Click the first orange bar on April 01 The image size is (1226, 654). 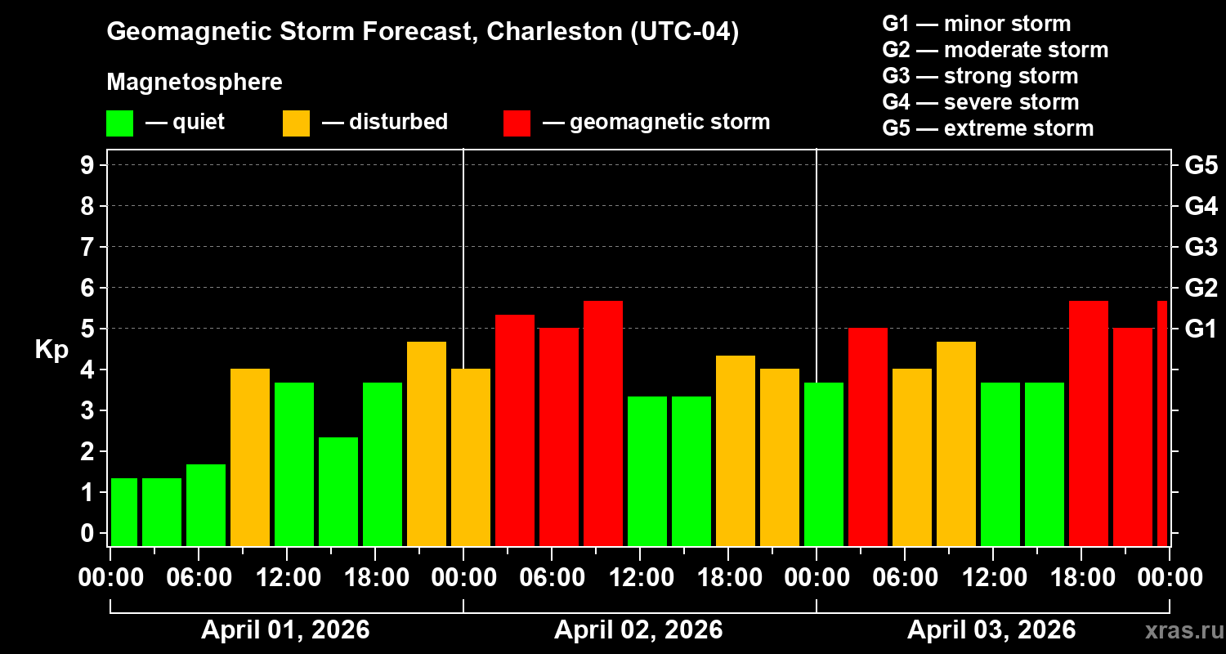coord(250,457)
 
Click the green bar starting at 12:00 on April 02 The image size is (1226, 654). coord(647,470)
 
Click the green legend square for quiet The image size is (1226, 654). coord(119,123)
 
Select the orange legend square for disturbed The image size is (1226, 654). coord(296,123)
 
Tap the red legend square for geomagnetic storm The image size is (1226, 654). coord(517,123)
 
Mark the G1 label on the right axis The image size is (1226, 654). coord(1201,329)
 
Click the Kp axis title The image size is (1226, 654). coord(51,350)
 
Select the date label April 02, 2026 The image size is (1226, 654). coord(638,630)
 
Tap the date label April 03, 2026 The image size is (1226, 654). coord(991,630)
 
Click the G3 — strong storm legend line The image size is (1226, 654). coord(980,76)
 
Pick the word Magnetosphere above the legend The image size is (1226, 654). coord(195,83)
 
